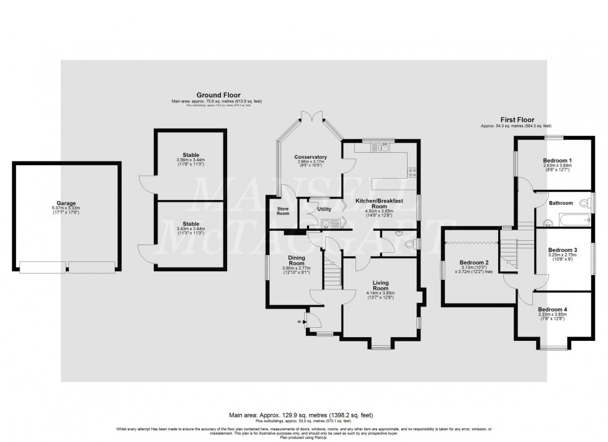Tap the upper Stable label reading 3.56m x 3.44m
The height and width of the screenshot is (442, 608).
(x=190, y=160)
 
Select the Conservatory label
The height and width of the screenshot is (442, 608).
(x=310, y=157)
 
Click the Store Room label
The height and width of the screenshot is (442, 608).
(x=282, y=210)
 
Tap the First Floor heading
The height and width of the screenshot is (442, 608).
(x=517, y=120)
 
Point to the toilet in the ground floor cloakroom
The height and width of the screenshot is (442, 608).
(x=408, y=246)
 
